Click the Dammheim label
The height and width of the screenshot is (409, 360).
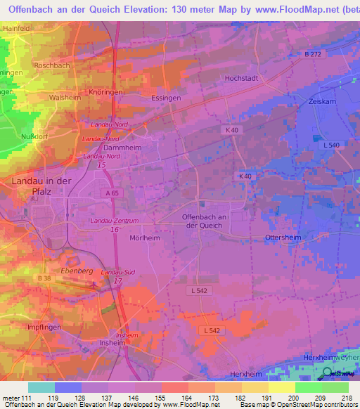[117, 148]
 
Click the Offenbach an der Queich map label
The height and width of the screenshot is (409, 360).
[202, 221]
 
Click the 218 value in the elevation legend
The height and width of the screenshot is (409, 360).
[347, 398]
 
